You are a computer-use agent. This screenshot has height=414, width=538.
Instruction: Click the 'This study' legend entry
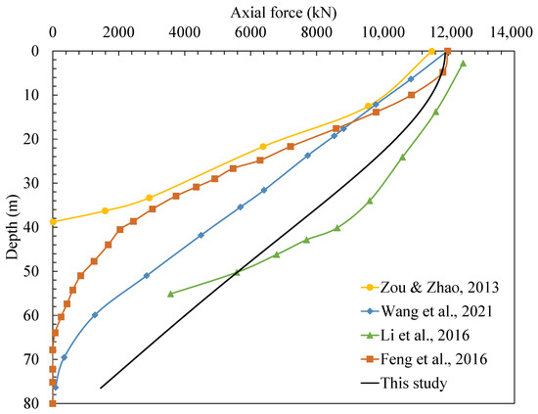[419, 383]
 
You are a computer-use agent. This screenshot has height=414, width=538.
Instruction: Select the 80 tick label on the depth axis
[30, 403]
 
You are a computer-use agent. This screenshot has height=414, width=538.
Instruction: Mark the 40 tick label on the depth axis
[30, 227]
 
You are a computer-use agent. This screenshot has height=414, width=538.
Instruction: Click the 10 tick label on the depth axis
[30, 95]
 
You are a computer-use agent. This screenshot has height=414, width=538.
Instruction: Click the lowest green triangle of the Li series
[171, 294]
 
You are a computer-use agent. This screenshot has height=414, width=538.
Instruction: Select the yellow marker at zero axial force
[53, 222]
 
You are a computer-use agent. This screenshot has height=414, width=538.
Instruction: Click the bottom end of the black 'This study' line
[101, 388]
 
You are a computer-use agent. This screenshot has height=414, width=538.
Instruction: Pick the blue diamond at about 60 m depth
[95, 314]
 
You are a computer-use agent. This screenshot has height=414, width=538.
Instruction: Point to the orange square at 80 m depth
[53, 403]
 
